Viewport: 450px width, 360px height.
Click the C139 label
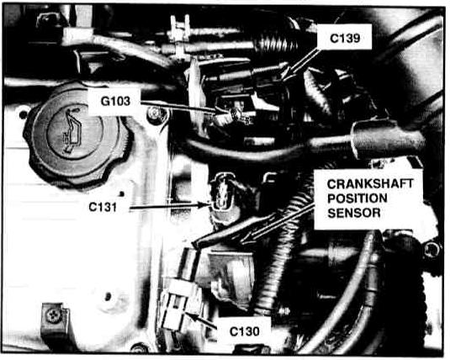345,38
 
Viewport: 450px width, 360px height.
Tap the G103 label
115,101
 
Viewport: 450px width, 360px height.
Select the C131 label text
103,207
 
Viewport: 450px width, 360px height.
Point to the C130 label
244,331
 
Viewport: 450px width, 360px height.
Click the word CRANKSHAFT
370,184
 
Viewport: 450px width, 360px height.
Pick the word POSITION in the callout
357,199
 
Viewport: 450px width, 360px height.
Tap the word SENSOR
354,213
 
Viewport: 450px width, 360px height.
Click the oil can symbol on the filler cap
72,130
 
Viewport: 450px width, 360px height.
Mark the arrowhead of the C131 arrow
205,205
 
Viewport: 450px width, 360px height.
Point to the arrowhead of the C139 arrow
286,75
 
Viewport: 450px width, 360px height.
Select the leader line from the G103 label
178,106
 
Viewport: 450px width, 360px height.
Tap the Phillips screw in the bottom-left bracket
53,315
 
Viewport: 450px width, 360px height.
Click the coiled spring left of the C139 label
276,43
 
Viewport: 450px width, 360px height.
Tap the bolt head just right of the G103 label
156,113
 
